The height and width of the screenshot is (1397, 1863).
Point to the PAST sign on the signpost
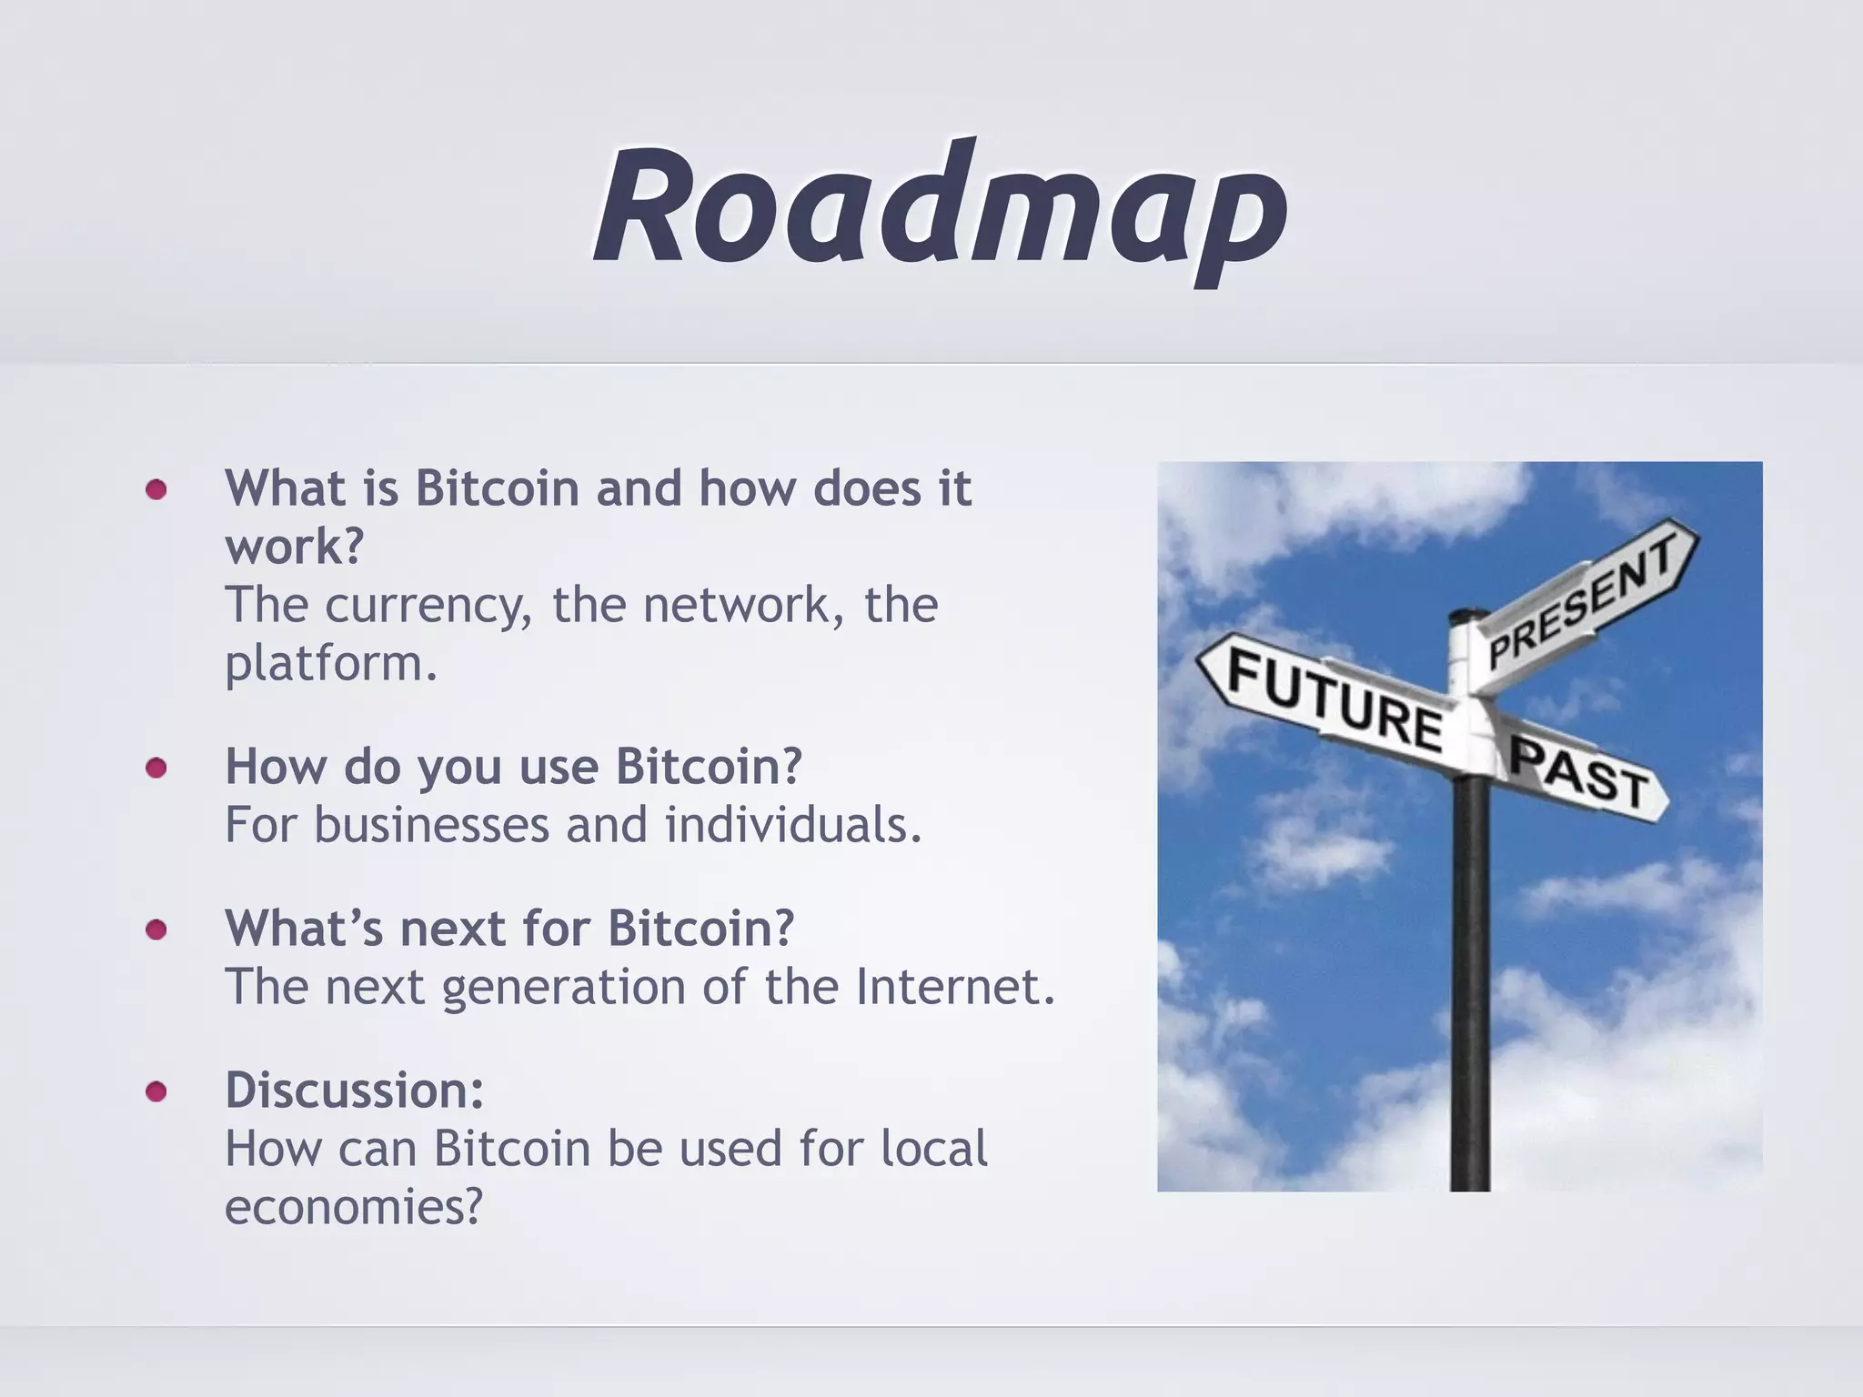coord(1579,773)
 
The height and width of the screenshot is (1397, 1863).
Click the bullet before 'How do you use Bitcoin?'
coord(156,769)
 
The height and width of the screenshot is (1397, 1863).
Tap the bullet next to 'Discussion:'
coord(156,1091)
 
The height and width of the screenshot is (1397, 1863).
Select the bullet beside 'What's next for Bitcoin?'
coord(156,930)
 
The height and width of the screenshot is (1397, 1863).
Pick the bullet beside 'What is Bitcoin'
coord(156,490)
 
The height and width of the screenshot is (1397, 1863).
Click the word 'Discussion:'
coord(354,1090)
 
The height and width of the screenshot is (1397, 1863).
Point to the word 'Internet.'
coord(955,987)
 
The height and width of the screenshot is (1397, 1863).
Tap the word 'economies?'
coord(353,1208)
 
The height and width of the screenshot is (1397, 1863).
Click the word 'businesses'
coord(432,825)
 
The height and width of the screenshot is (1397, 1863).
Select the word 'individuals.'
coord(793,825)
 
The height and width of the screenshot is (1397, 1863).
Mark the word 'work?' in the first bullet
coord(294,547)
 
